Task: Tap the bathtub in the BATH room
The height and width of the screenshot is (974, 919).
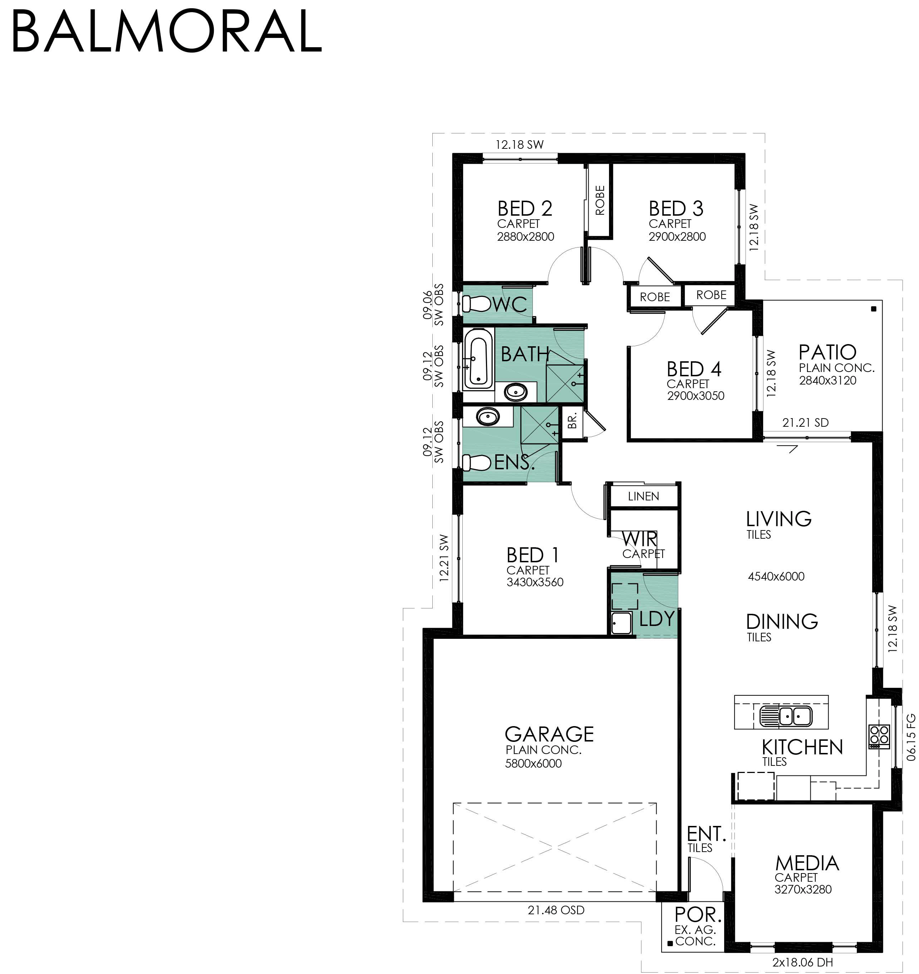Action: [x=478, y=359]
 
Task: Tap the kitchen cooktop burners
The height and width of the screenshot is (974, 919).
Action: [x=879, y=736]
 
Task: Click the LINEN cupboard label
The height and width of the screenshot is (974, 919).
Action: [x=643, y=496]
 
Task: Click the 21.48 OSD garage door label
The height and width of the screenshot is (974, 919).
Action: [x=556, y=910]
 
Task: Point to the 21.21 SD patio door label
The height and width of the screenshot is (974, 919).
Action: [x=805, y=422]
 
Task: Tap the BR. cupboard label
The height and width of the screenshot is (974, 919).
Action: [x=572, y=420]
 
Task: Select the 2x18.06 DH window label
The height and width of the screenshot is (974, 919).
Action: [x=802, y=962]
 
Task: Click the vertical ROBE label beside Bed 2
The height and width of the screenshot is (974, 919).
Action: [x=600, y=200]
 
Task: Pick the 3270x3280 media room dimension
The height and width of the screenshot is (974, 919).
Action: [x=802, y=889]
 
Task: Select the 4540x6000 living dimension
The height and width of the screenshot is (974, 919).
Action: [x=776, y=576]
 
